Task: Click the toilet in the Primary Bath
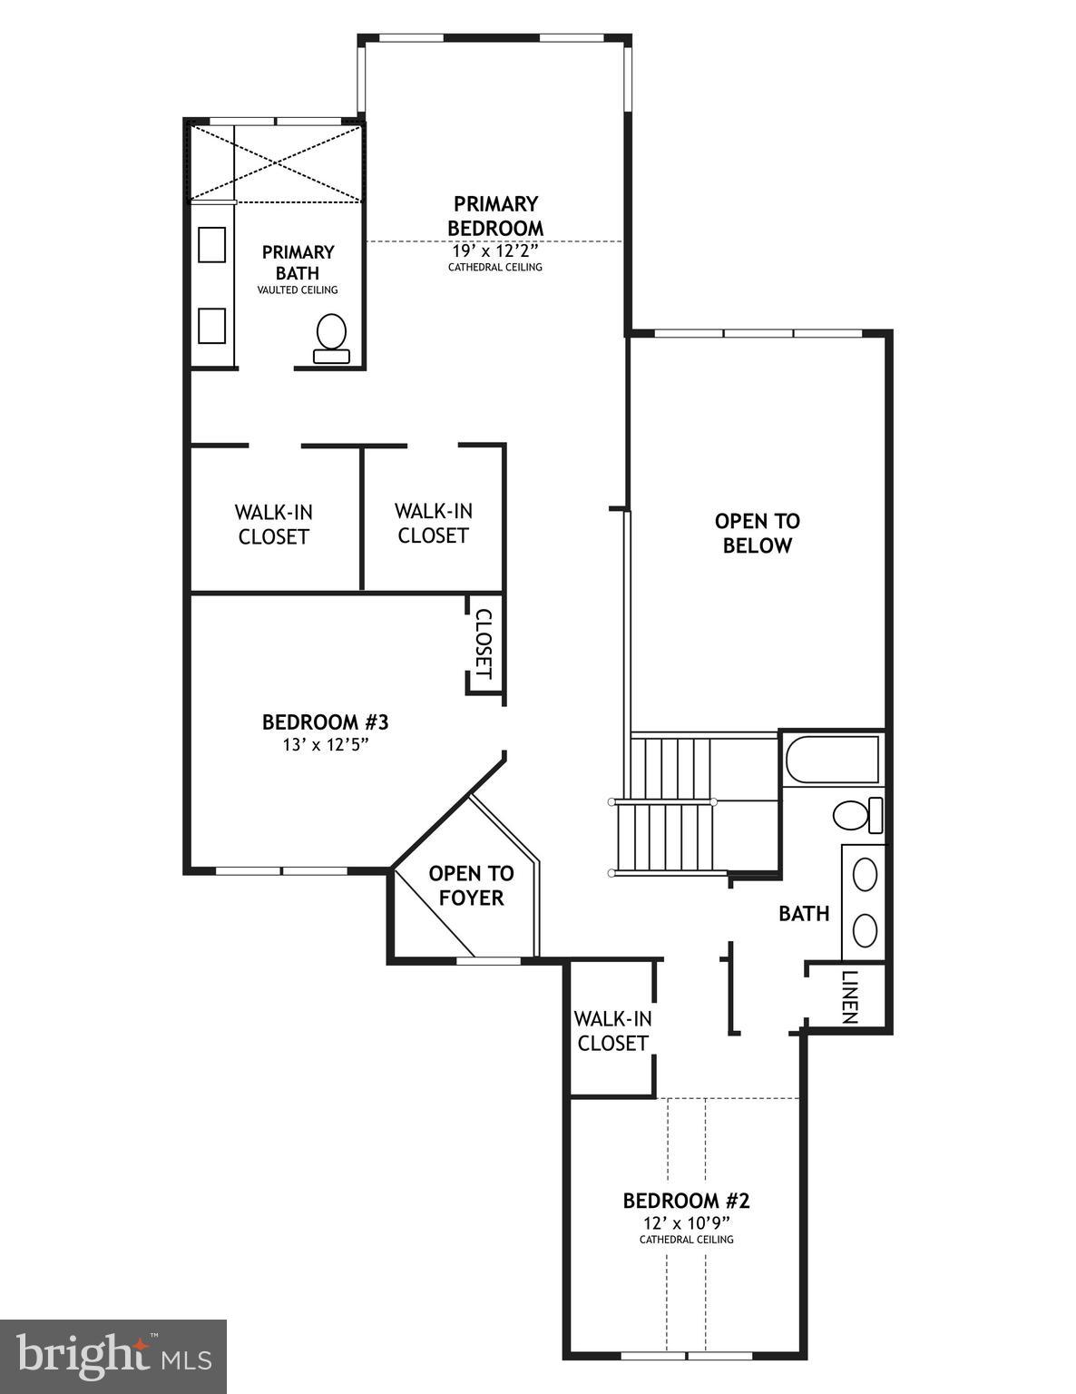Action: [x=331, y=338]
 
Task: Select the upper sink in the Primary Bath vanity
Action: [x=211, y=245]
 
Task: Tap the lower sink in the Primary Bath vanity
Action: [x=211, y=326]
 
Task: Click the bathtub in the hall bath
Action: [x=832, y=760]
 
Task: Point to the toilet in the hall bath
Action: [x=856, y=814]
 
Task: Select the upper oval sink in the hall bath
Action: [x=866, y=874]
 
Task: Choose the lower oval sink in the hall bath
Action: [x=866, y=929]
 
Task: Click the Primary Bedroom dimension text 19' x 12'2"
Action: [x=495, y=250]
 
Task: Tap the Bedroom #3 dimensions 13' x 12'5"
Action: [x=325, y=745]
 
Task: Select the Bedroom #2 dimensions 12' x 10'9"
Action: [x=686, y=1222]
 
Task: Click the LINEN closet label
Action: [x=849, y=996]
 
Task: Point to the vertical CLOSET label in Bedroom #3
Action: [x=484, y=643]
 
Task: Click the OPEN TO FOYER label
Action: [x=471, y=885]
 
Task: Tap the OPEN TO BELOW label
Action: [x=757, y=533]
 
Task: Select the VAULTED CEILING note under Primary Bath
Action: [x=298, y=290]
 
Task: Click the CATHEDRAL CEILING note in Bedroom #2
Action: [x=686, y=1240]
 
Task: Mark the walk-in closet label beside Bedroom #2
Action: [x=612, y=1031]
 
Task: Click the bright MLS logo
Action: [x=113, y=1357]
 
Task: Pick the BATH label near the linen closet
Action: [x=804, y=914]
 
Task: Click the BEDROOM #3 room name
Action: [x=325, y=722]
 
